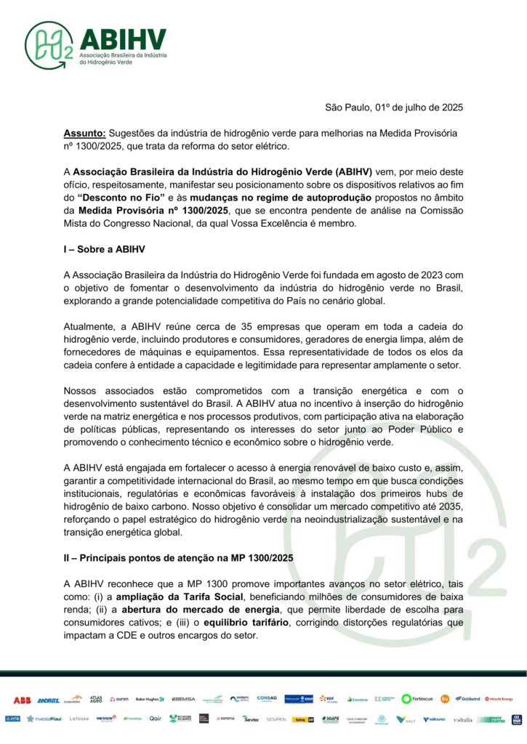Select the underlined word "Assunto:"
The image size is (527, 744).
(85, 134)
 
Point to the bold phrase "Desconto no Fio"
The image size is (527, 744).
(116, 197)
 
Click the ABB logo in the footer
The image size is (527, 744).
(22, 700)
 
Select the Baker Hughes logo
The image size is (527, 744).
(150, 700)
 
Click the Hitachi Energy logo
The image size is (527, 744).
(499, 699)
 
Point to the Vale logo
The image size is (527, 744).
(406, 719)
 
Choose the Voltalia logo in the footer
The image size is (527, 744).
(462, 719)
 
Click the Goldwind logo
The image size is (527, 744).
(467, 699)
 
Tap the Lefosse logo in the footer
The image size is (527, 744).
(79, 719)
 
